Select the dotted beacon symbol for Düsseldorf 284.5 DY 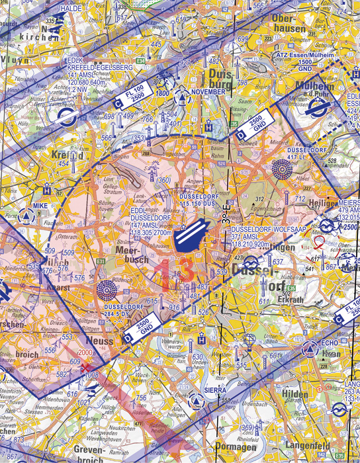coord(106,290)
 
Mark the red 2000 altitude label coord(85,353)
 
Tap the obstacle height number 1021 coord(84,403)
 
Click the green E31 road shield coord(100,262)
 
